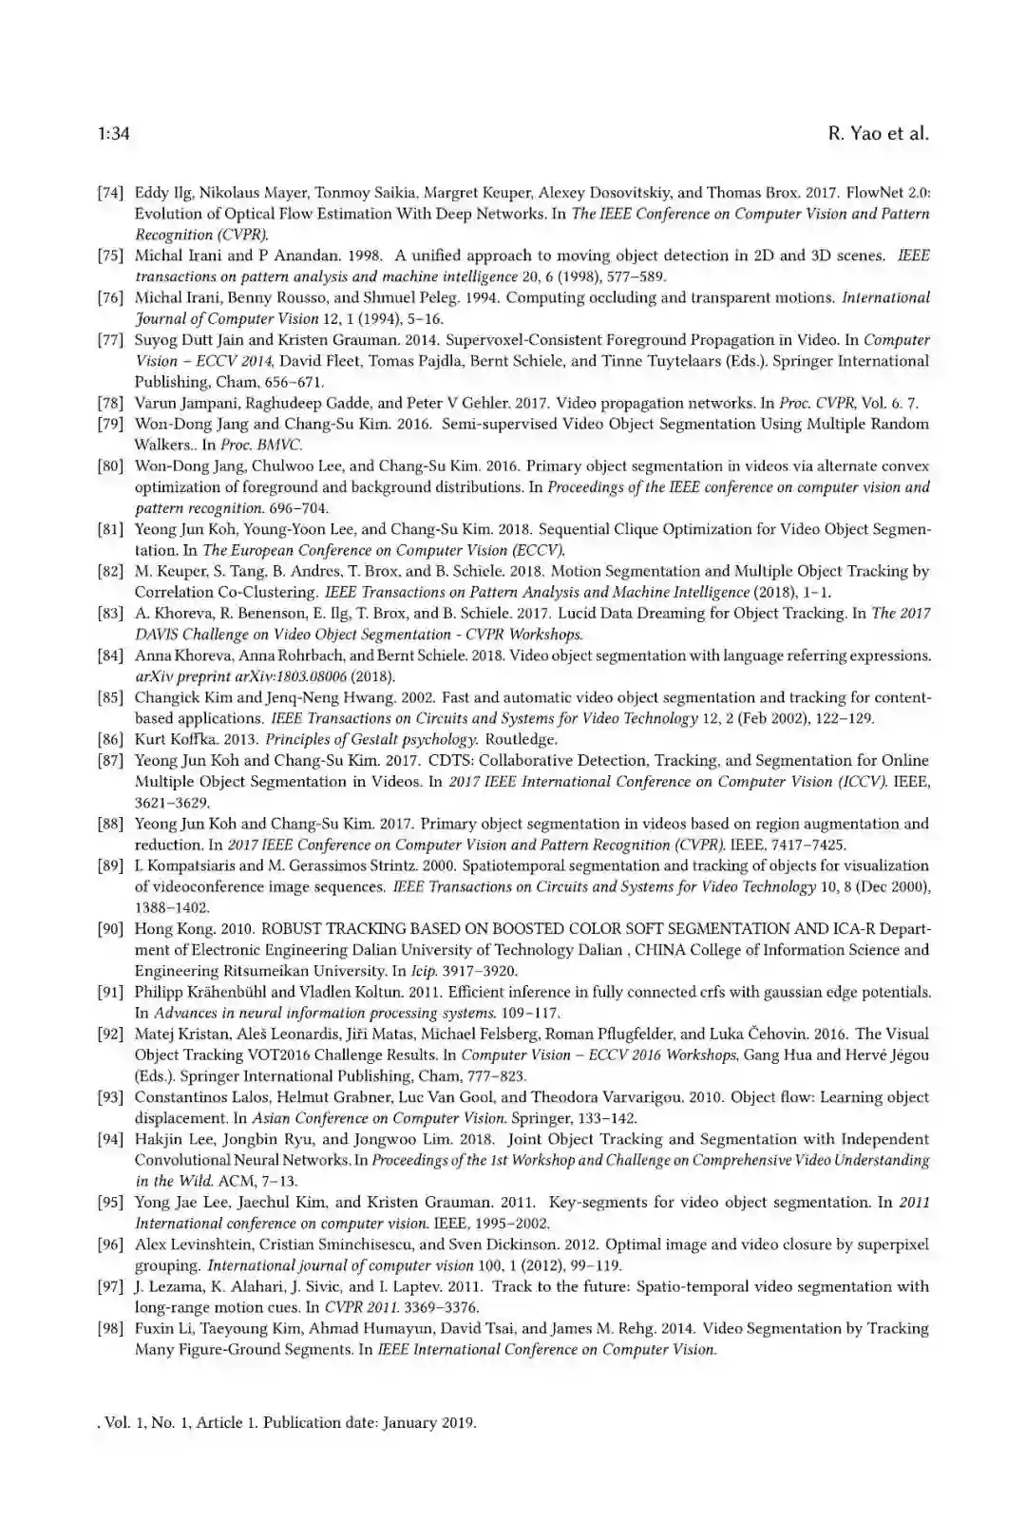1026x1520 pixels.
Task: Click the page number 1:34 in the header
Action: click(113, 134)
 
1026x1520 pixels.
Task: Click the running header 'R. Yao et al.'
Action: click(878, 134)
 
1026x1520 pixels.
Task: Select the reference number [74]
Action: click(110, 193)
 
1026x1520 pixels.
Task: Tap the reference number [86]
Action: click(110, 740)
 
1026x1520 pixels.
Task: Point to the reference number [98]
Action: click(110, 1329)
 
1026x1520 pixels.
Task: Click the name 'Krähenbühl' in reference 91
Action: click(233, 992)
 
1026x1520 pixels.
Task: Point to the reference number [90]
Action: click(110, 929)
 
